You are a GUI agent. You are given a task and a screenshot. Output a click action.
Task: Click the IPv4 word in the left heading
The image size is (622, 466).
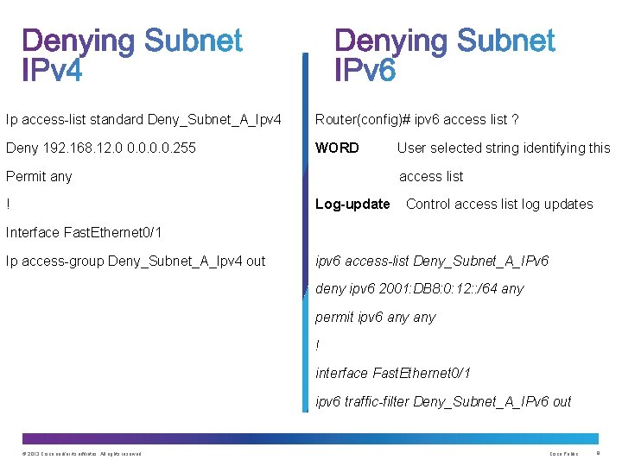[53, 69]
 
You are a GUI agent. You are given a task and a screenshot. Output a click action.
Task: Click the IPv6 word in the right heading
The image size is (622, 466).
[365, 69]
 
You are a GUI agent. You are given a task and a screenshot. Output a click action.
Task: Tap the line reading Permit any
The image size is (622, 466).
[39, 176]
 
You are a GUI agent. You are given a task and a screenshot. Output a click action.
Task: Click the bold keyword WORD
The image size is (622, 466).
[337, 148]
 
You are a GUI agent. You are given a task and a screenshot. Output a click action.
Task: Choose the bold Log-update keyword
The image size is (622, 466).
[352, 204]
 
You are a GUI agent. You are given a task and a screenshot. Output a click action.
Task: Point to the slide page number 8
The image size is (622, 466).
[598, 453]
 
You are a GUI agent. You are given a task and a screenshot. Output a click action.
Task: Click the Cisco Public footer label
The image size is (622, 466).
[563, 454]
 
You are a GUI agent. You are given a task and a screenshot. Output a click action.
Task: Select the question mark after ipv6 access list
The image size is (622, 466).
[515, 119]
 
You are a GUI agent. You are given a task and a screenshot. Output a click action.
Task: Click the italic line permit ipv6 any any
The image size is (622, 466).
[375, 317]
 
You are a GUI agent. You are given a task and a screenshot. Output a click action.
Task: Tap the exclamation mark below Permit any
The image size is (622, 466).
[8, 205]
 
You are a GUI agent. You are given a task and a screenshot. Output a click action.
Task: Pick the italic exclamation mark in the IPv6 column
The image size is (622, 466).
[318, 345]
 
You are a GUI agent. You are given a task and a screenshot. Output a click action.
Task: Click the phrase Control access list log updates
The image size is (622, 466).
[499, 204]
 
